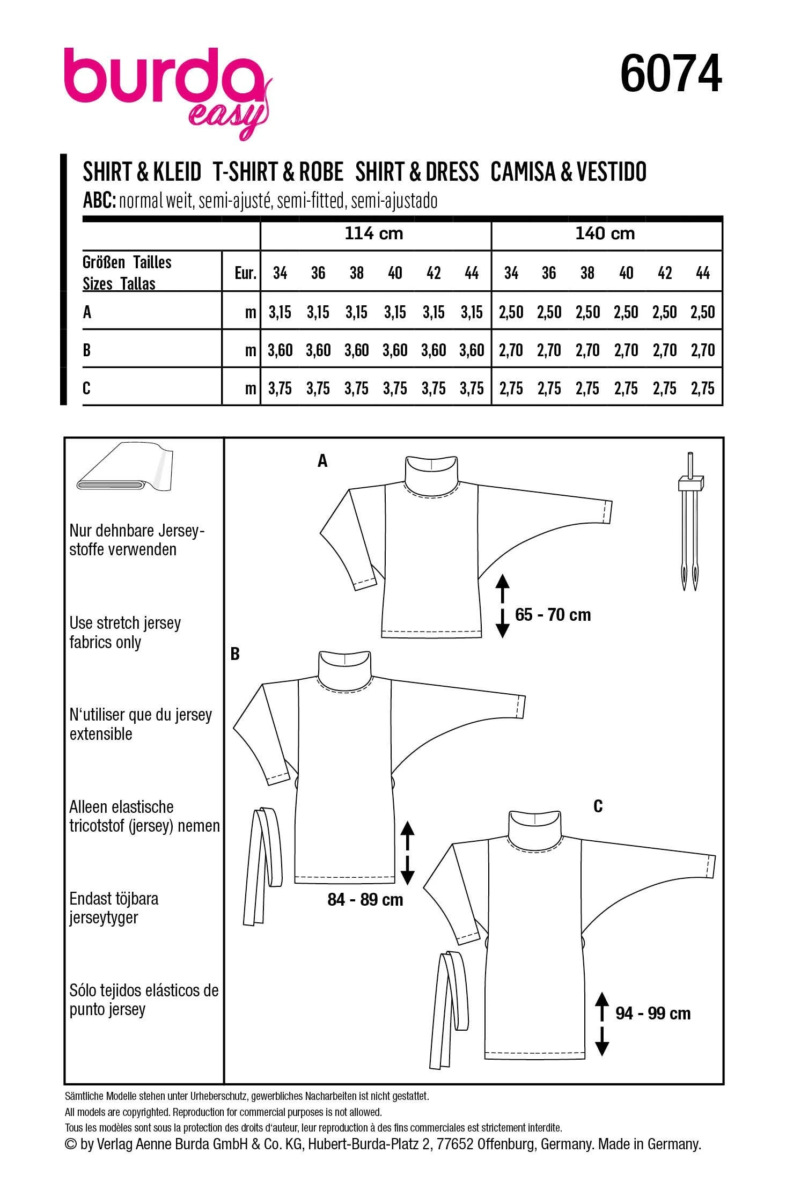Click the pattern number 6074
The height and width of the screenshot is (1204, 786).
click(x=671, y=75)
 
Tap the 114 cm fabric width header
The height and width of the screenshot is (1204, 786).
click(x=373, y=234)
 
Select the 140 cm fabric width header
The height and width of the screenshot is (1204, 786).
click(x=605, y=234)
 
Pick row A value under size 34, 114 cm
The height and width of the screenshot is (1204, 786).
click(x=280, y=312)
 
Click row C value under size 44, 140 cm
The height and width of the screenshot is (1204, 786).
click(x=702, y=388)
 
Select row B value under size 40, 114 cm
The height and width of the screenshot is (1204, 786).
click(x=395, y=350)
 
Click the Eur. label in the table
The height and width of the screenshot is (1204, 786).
click(x=245, y=274)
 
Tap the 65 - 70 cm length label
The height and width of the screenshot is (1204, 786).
click(x=553, y=615)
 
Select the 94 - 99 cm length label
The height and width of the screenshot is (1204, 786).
click(x=653, y=1014)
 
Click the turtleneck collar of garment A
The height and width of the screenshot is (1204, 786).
click(x=431, y=472)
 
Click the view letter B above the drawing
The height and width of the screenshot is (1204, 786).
click(x=234, y=654)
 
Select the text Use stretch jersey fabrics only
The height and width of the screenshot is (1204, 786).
click(x=124, y=633)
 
